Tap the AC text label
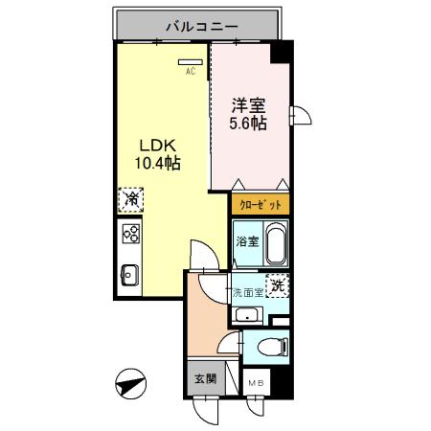pyautogui.click(x=190, y=70)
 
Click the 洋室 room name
pyautogui.click(x=247, y=105)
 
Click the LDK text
pyautogui.click(x=156, y=146)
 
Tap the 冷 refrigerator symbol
pyautogui.click(x=128, y=200)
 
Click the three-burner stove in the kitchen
pyautogui.click(x=131, y=234)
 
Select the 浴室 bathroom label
pyautogui.click(x=247, y=241)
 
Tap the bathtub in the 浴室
pyautogui.click(x=277, y=247)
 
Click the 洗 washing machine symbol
pyautogui.click(x=277, y=285)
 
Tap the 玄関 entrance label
pyautogui.click(x=205, y=377)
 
